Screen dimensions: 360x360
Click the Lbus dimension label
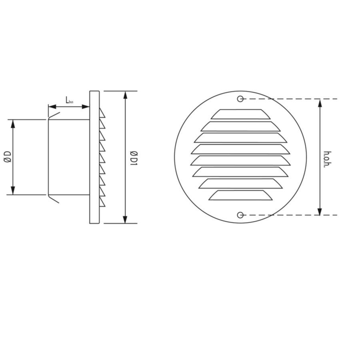pos(70,101)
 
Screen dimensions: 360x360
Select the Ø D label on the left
pos(7,157)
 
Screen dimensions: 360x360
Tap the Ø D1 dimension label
pos(134,157)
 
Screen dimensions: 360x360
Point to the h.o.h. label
pos(327,159)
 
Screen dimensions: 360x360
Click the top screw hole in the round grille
pos(240,99)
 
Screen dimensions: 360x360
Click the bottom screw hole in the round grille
pos(240,215)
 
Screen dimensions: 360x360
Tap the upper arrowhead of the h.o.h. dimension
pos(320,102)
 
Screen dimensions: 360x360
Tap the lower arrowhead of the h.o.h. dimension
pos(320,212)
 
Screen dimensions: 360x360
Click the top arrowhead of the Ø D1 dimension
pos(126,95)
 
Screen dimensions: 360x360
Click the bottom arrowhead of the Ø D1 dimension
pos(126,219)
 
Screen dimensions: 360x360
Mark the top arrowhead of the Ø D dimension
pos(13,123)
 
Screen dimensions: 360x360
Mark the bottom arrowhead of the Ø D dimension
pos(13,191)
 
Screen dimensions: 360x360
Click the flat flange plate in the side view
pos(94,157)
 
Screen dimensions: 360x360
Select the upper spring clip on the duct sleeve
pos(53,116)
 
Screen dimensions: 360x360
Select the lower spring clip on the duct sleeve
pos(53,199)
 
